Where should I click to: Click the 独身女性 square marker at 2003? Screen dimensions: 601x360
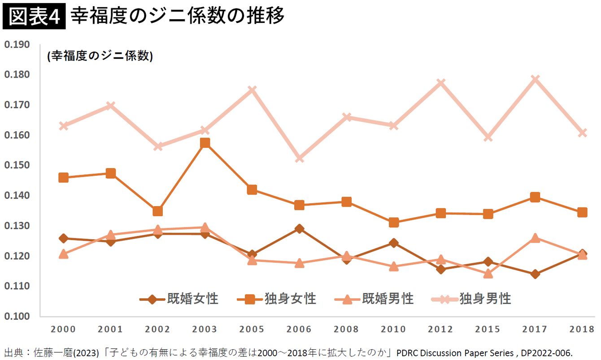205,143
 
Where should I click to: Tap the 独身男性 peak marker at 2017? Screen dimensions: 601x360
535,79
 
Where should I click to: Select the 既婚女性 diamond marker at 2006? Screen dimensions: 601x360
300,229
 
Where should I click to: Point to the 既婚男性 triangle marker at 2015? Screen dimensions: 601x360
488,273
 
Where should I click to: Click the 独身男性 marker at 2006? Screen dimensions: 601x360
300,159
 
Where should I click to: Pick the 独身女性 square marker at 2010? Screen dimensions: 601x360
394,222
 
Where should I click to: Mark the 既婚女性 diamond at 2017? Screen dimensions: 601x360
535,274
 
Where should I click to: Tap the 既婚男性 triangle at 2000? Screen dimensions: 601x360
63,253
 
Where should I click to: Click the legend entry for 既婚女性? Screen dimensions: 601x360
179,299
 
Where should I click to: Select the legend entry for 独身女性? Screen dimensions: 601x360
277,299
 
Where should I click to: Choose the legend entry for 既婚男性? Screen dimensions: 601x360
375,299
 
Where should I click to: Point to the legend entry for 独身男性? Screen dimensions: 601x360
471,299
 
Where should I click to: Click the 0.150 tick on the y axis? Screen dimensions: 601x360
17,165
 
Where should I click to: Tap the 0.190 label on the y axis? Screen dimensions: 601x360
17,44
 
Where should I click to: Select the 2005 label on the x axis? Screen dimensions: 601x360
252,329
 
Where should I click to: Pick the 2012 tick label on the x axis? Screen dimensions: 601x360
440,329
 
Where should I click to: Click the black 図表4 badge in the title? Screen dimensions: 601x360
34,16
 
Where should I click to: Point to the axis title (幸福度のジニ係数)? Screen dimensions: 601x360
100,56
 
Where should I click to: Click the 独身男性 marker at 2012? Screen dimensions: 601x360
441,82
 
